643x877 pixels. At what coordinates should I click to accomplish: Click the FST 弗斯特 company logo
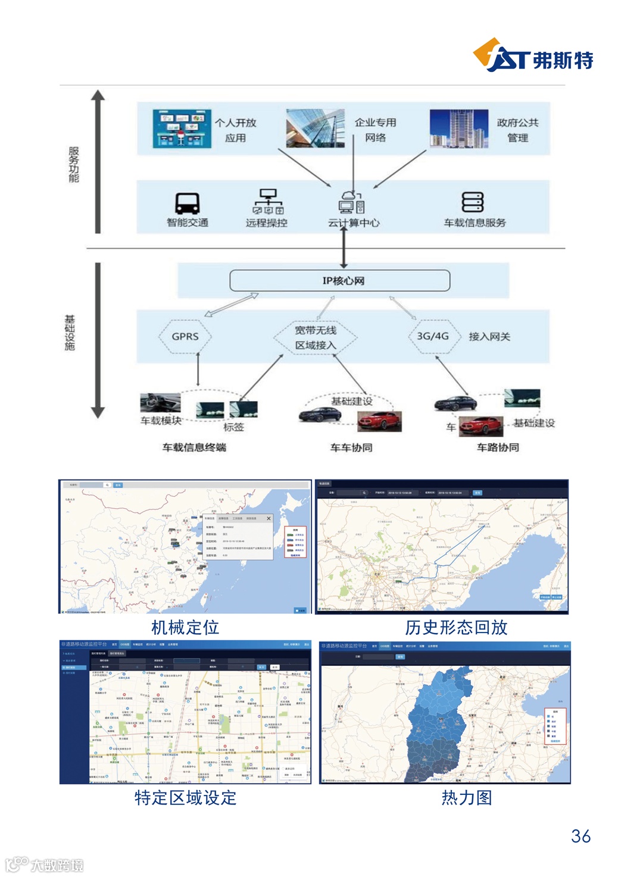click(533, 56)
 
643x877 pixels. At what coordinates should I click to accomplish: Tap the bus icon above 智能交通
click(187, 203)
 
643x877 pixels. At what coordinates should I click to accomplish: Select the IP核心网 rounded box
click(340, 281)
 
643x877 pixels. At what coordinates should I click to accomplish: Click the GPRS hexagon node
click(185, 337)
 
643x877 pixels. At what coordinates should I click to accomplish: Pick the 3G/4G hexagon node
click(433, 336)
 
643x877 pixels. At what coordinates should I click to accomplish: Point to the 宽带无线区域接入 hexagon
click(316, 338)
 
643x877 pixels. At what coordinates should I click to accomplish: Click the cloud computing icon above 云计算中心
click(351, 202)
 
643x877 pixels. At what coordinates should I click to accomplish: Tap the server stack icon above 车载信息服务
click(473, 202)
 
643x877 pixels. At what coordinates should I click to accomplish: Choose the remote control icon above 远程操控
click(268, 202)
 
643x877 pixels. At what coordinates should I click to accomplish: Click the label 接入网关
click(489, 337)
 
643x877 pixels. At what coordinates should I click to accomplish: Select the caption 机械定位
click(185, 627)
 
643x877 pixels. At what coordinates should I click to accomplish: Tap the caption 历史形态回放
click(456, 627)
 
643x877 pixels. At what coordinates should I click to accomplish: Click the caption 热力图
click(467, 797)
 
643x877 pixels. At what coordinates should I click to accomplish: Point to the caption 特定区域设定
click(185, 797)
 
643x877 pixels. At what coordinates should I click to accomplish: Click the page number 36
click(580, 836)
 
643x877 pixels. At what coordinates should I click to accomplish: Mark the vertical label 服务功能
click(74, 164)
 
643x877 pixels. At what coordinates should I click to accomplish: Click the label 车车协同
click(351, 447)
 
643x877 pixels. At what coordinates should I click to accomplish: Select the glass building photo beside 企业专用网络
click(315, 128)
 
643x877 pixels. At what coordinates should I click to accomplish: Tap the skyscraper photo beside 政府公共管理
click(458, 128)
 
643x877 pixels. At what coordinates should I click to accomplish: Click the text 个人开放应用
click(236, 130)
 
